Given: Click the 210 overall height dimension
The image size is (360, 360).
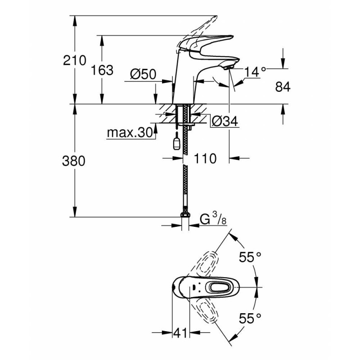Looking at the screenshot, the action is coord(75,60).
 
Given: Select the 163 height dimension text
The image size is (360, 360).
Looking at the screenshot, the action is coord(102,70).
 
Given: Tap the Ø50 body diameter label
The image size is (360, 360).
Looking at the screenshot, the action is coord(143,74).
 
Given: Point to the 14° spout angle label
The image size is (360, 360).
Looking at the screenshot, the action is coord(255,72).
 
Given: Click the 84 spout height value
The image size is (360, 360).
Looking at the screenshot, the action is coord(283,87).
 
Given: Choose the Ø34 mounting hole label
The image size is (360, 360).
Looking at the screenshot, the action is coord(225,121).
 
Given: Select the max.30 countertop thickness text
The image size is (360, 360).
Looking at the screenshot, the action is coord(130,133).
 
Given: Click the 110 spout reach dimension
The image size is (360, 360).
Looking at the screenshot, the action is coord(205,158).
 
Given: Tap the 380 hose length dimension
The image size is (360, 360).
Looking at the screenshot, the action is coord(74,161).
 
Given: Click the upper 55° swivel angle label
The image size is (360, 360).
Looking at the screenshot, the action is coord(250,257).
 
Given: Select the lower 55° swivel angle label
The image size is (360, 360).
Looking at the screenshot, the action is coord(250,318).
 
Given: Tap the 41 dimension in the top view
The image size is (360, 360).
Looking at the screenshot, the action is coord(180,333).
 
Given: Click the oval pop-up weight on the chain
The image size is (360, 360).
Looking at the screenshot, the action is coord(176,144).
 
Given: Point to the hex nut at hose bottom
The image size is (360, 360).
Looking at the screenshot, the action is coord(185,215).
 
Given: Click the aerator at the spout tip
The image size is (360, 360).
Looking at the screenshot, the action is coord(229,67).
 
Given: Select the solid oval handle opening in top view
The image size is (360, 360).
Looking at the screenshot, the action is coord(219,287).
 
